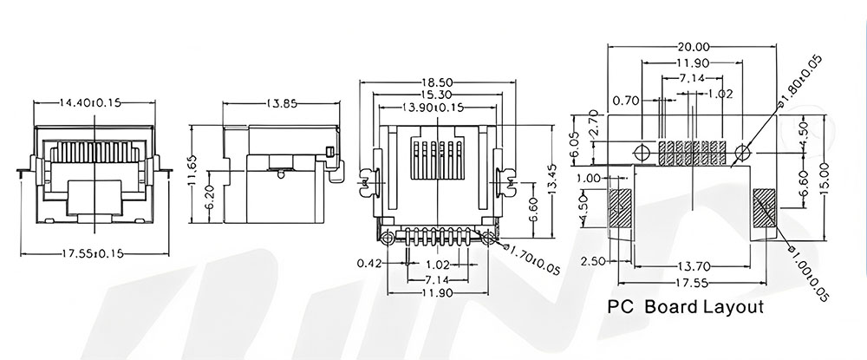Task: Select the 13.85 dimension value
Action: [x=282, y=102]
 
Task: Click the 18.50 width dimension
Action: [x=437, y=82]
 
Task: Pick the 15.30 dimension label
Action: [x=437, y=95]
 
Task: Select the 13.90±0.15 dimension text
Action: [x=437, y=108]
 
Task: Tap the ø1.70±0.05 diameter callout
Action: [x=533, y=261]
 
